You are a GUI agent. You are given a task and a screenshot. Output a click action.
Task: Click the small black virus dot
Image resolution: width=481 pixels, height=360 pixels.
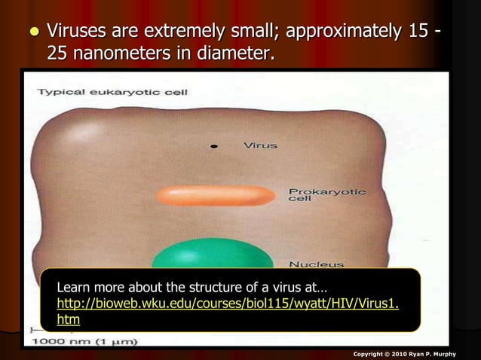coord(214,145)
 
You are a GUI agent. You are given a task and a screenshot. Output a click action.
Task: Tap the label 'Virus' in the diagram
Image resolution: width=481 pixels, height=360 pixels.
coord(260,145)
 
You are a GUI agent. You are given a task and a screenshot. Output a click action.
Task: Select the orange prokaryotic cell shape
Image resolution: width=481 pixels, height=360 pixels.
coord(216,196)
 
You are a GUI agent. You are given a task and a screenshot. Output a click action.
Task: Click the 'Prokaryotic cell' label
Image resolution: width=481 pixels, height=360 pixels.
coord(326,194)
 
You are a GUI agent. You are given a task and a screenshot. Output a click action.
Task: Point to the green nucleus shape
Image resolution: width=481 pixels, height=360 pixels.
coord(213,255)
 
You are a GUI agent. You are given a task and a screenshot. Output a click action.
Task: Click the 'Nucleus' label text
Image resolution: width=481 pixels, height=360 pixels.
coord(316,264)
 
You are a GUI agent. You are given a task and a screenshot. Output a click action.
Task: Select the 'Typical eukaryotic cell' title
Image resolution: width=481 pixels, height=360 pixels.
coord(112,92)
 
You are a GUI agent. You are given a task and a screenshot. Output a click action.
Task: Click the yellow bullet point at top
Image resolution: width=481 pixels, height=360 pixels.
coord(32,33)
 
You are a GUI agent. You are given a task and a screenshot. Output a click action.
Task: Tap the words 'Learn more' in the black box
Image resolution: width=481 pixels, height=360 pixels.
coord(91,288)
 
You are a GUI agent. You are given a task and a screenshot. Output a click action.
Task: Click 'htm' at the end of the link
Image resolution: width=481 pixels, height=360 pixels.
coord(69,319)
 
